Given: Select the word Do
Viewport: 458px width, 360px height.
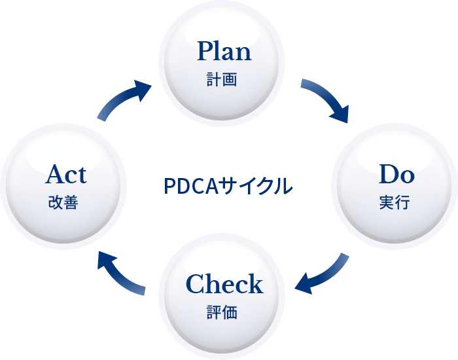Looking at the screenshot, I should [396, 175].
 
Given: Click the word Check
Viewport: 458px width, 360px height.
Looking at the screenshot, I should [224, 284].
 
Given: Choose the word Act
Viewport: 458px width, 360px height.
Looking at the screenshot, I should [66, 175].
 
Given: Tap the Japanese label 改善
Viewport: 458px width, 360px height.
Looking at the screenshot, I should [63, 204].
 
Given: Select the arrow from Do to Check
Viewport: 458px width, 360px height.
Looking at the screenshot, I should [322, 274].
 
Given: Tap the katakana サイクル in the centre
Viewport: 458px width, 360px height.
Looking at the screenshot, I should [255, 186].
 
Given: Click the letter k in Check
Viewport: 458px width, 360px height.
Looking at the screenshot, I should [255, 284].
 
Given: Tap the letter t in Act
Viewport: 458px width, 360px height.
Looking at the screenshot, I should [81, 175].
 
